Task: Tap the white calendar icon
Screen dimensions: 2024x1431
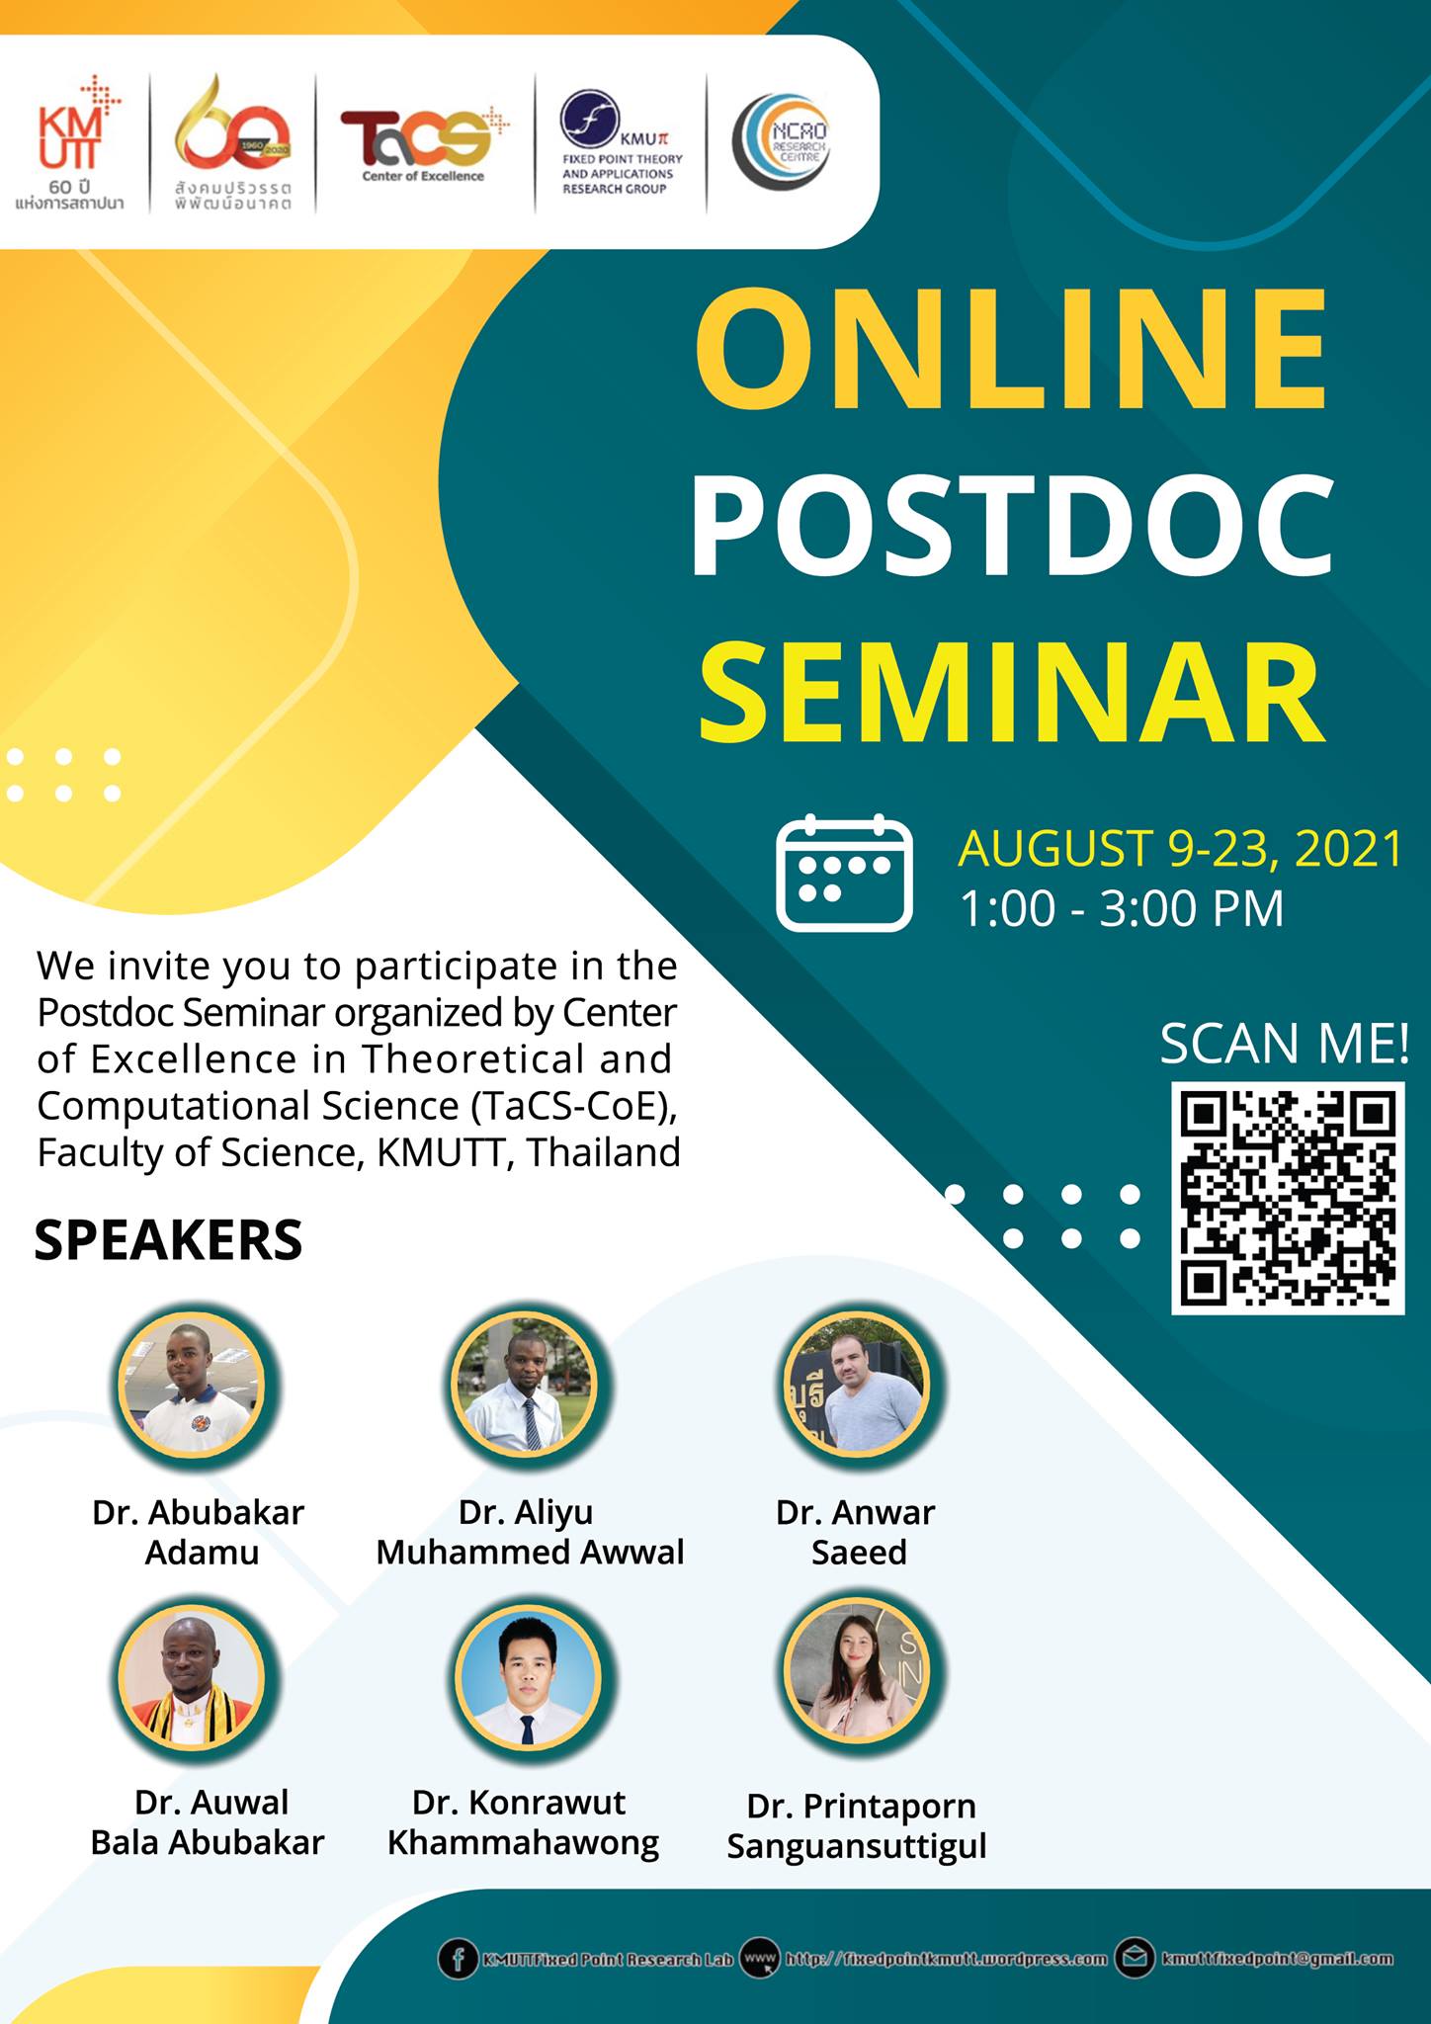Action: (844, 873)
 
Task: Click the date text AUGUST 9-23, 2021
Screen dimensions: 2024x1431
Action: (1180, 849)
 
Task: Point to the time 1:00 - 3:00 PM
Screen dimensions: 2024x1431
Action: (1122, 908)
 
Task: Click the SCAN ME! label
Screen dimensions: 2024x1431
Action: (1284, 1044)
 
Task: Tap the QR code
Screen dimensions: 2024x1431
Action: (1288, 1198)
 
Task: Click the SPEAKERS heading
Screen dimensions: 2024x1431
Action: (168, 1240)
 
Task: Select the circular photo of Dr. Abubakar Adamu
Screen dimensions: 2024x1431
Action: (195, 1386)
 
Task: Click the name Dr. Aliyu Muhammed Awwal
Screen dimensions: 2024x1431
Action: (530, 1533)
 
